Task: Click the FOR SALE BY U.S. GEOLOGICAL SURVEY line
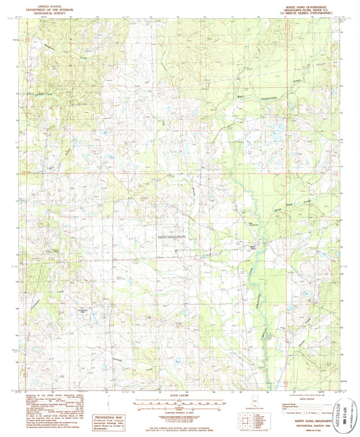coord(180,426)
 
